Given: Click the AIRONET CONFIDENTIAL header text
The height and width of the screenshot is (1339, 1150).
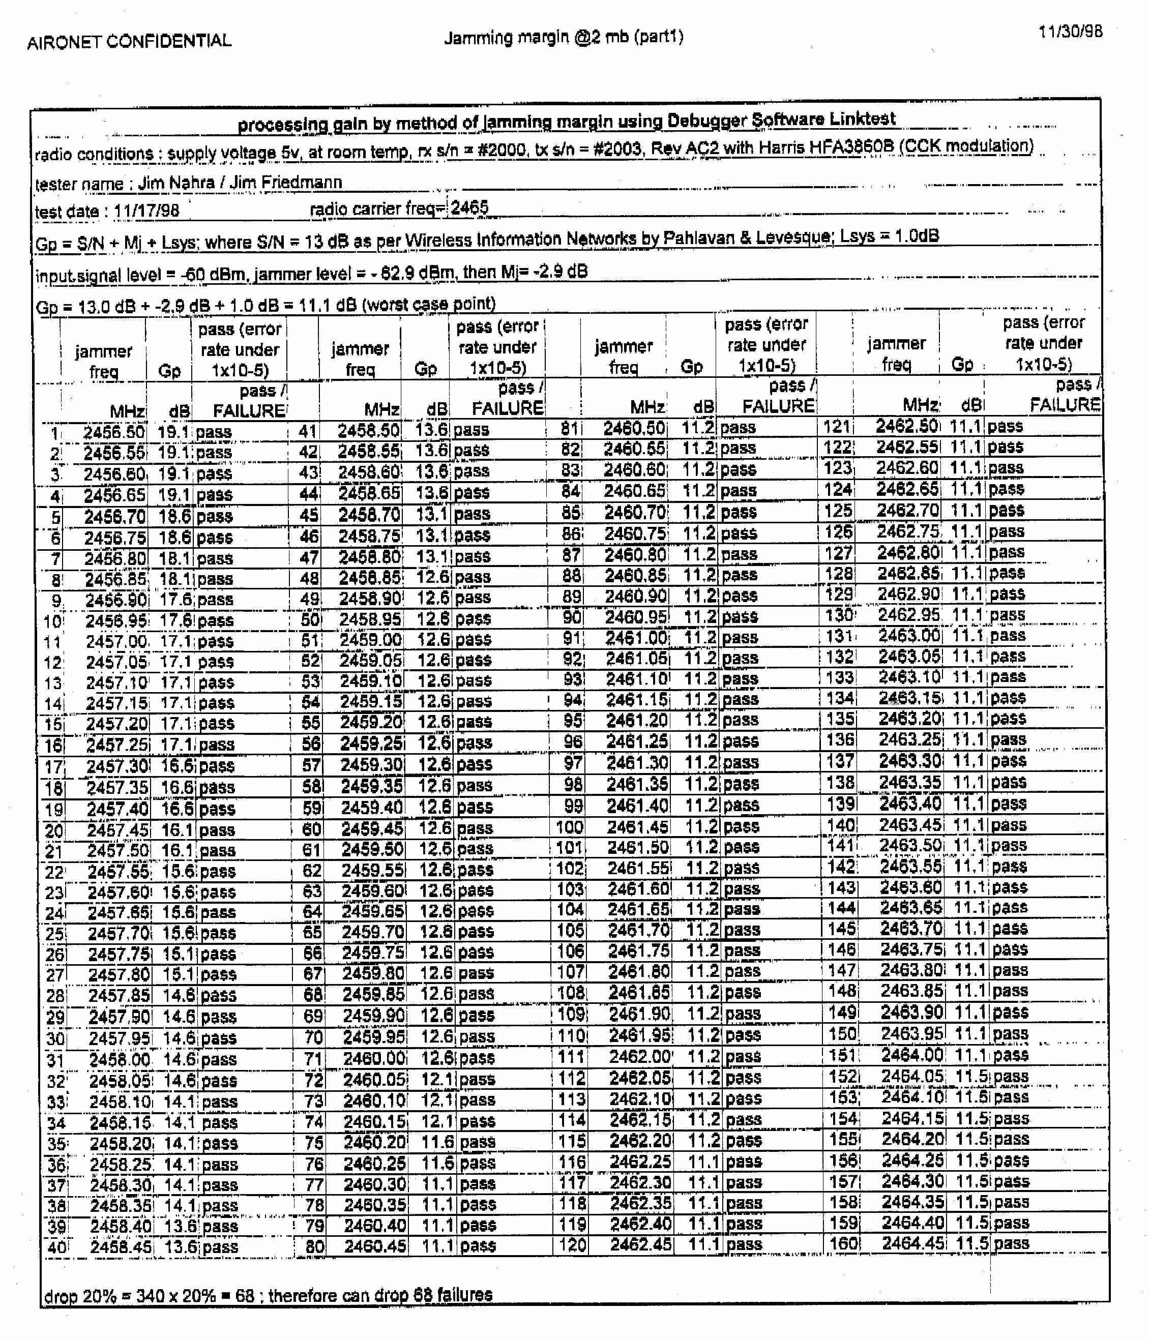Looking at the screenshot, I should pyautogui.click(x=129, y=41).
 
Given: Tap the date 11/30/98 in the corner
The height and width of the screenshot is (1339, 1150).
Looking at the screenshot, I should pyautogui.click(x=1071, y=31).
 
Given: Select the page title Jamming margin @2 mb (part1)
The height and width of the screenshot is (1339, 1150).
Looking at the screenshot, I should pyautogui.click(x=563, y=37).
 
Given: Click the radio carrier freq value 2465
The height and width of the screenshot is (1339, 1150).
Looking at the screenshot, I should pyautogui.click(x=469, y=207).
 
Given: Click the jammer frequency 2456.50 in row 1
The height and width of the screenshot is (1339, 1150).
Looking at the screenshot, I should pyautogui.click(x=114, y=432).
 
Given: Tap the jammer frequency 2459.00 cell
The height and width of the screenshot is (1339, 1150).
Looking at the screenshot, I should pyautogui.click(x=370, y=640).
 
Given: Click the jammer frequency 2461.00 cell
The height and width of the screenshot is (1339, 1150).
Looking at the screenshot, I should pyautogui.click(x=637, y=638).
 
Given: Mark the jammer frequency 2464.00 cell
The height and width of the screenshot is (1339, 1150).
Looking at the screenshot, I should pyautogui.click(x=911, y=1055).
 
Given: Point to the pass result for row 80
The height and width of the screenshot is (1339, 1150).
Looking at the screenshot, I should pyautogui.click(x=478, y=1245).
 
